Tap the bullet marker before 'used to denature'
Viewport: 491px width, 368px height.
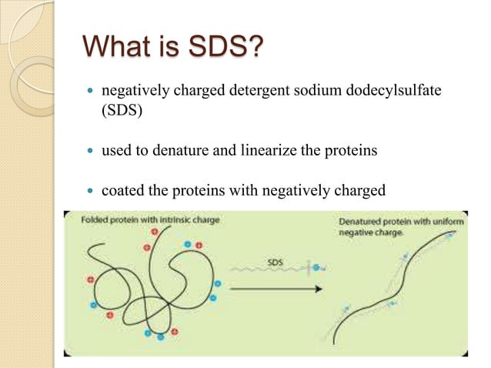tap(88, 151)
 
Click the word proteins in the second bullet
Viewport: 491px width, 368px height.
tap(350, 150)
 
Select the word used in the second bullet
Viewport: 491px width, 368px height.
tap(115, 150)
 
